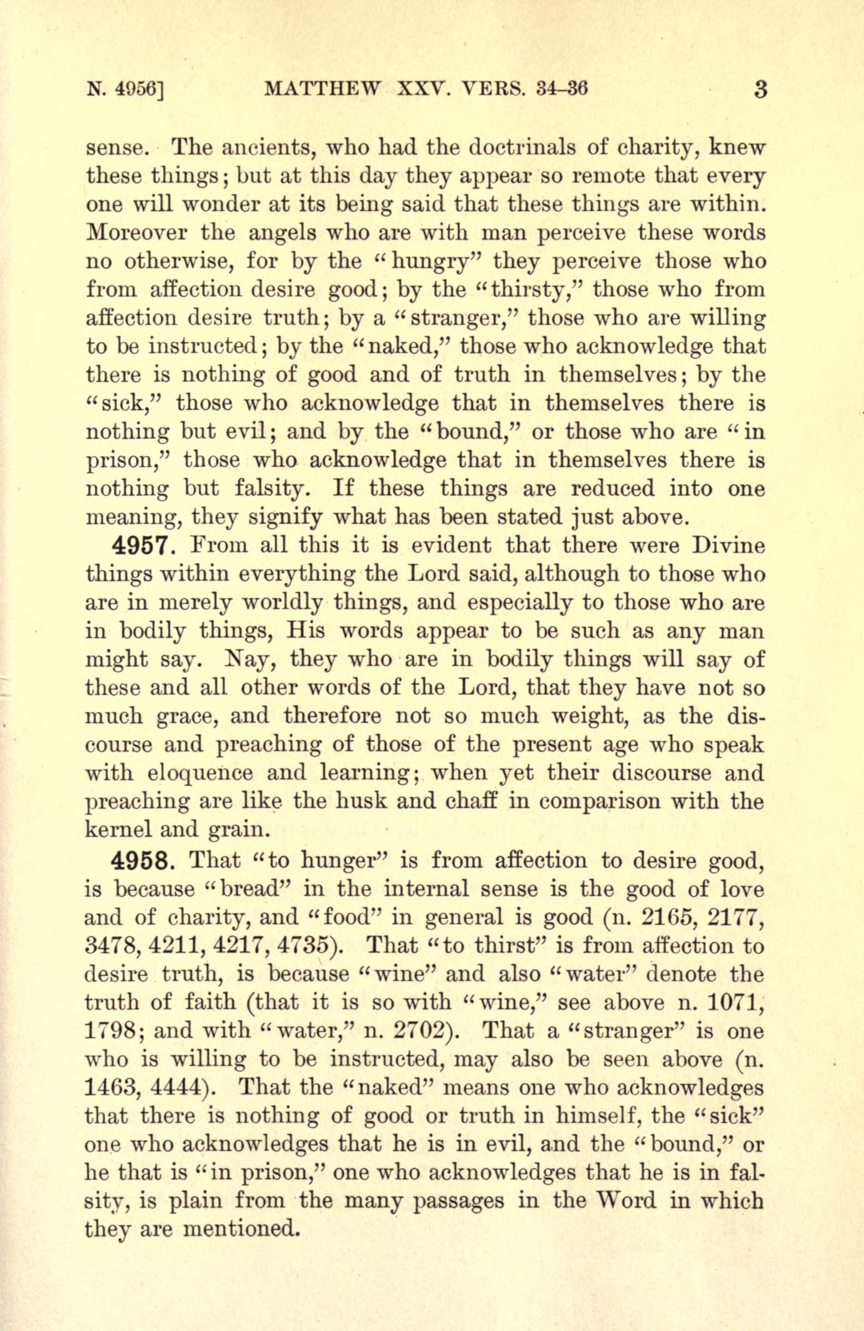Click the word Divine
click(x=727, y=545)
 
